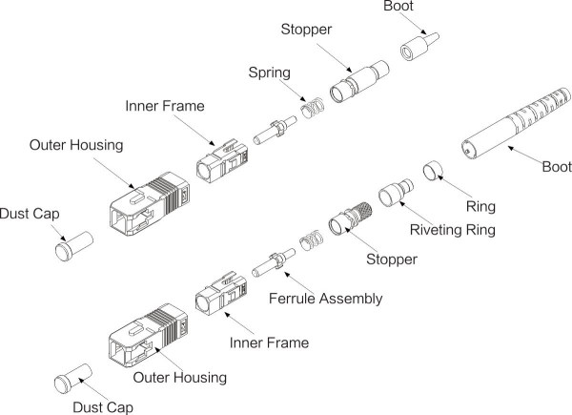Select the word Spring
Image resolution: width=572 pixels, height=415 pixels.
coord(270,72)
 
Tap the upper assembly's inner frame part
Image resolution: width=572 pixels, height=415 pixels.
coord(216,163)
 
